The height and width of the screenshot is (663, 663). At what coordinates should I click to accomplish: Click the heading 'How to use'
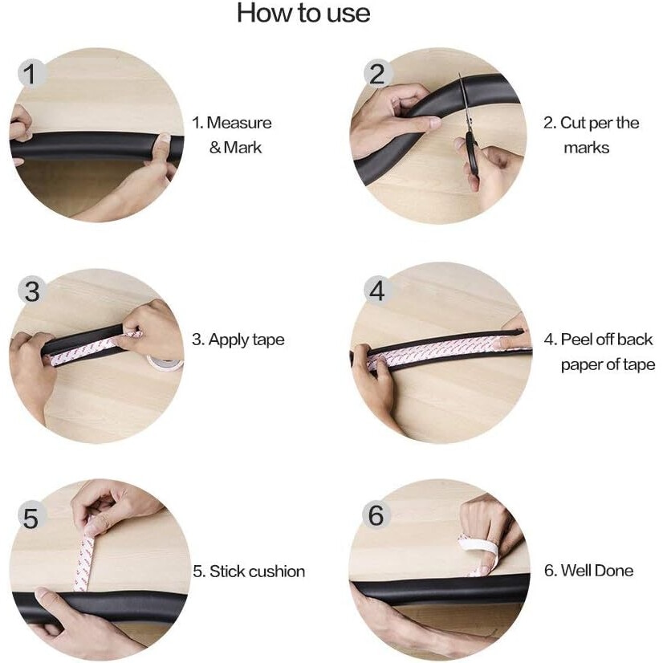[x=303, y=13]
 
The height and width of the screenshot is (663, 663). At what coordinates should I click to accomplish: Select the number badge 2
[x=377, y=74]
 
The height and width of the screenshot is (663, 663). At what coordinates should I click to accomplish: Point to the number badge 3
[x=32, y=291]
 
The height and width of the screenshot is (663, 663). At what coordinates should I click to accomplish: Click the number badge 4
[x=377, y=291]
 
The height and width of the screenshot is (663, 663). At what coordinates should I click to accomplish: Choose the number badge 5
[x=31, y=518]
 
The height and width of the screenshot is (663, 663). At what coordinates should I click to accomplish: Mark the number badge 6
[x=376, y=515]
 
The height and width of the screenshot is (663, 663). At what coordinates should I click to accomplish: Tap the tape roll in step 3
[x=165, y=362]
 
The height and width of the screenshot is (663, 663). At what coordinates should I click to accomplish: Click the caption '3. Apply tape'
[x=238, y=340]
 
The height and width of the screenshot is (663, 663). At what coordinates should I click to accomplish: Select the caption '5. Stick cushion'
[x=249, y=571]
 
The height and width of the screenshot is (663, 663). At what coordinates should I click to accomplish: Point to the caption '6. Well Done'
[x=588, y=571]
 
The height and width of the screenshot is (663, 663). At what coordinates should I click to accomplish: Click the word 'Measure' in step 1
[x=239, y=123]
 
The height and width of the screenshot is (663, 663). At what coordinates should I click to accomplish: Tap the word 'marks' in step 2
[x=587, y=148]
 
